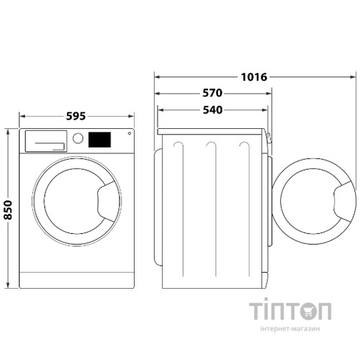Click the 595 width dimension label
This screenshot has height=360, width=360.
point(76,116)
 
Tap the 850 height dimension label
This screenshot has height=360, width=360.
point(8,209)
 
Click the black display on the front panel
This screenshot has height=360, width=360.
point(99,139)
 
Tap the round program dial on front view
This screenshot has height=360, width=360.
point(78,138)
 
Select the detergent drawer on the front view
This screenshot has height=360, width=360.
point(45,140)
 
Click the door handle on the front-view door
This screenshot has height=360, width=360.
point(109,202)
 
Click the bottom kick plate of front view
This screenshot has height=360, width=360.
point(76,280)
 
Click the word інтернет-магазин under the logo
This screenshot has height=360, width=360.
point(290,330)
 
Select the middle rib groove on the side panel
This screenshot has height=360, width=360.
point(211,209)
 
